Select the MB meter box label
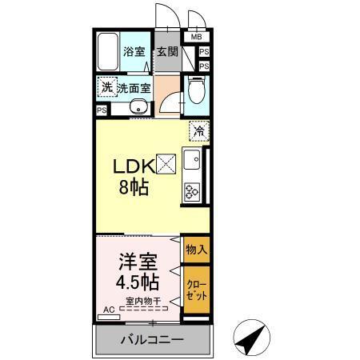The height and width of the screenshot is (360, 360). click(x=196, y=36)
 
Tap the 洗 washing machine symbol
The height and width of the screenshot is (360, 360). click(x=106, y=86)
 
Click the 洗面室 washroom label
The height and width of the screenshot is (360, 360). click(x=134, y=88)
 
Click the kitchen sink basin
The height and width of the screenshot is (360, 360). click(x=192, y=162)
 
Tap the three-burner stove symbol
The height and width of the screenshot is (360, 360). click(x=192, y=191)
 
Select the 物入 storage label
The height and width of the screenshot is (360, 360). click(x=196, y=250)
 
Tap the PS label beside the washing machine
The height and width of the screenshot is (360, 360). click(x=102, y=110)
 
